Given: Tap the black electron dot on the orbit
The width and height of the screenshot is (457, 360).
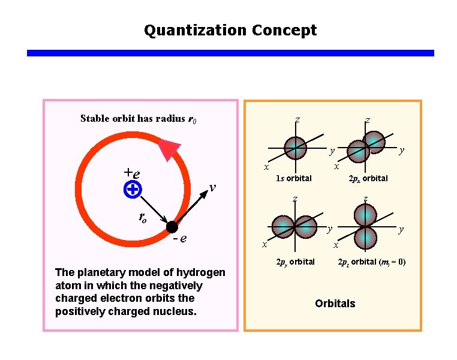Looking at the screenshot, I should tap(172, 227).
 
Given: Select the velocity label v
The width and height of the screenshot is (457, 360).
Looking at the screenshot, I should tap(213, 188).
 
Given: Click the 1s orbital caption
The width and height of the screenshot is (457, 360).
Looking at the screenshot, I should tap(293, 178).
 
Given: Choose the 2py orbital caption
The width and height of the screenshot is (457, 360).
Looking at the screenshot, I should tap(295, 262).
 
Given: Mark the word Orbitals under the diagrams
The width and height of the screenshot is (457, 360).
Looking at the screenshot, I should tap(335, 303).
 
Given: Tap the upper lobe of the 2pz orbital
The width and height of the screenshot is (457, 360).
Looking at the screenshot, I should tap(365, 214).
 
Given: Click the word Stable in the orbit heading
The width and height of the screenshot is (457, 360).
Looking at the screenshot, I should tap(95, 118).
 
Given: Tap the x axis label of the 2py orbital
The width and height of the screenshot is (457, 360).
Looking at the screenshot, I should tap(263, 245).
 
